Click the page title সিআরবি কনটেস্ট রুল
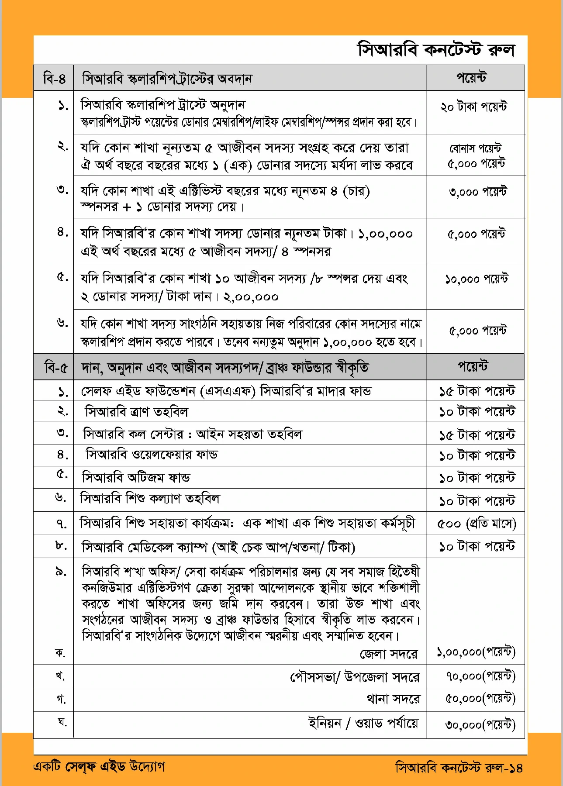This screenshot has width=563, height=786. point(436,50)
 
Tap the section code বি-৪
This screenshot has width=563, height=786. point(54,79)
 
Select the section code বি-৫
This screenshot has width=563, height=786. point(56,367)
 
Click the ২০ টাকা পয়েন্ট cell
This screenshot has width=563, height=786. point(474,107)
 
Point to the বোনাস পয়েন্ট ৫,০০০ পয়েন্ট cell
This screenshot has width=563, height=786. point(476,156)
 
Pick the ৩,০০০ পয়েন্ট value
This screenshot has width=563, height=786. point(477,192)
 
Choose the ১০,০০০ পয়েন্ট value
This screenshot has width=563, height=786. point(476,279)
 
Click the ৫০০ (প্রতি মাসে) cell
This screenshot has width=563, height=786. point(477,523)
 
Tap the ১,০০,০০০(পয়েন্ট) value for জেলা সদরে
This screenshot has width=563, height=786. point(476,652)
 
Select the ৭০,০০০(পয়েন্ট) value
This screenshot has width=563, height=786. point(480,676)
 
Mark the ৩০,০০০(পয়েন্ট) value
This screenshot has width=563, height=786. point(480,725)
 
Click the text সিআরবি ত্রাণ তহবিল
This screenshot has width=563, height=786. point(136,412)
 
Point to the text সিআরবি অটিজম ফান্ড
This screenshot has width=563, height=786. point(136,477)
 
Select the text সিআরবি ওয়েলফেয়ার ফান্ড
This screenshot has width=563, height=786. point(152,455)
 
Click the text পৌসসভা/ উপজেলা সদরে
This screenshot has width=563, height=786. point(355,677)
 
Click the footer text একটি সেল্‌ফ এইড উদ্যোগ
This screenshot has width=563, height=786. point(99,766)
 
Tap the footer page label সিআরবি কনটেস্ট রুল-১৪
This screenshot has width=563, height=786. point(459,767)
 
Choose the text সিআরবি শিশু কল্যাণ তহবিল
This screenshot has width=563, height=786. point(150,498)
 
